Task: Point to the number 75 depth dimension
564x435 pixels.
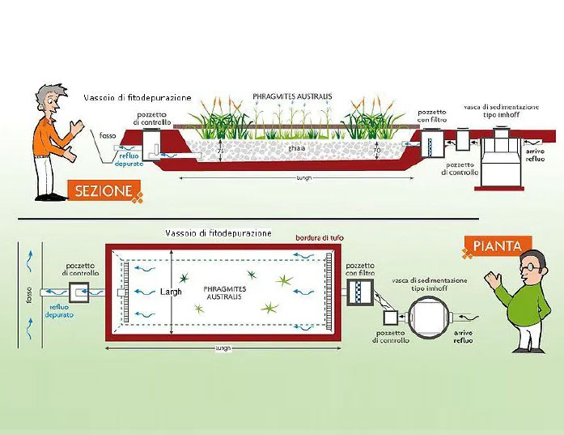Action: coord(220,152)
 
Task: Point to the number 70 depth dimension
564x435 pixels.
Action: coord(378,151)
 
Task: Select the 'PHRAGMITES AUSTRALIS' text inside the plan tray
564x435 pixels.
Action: coord(223,292)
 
